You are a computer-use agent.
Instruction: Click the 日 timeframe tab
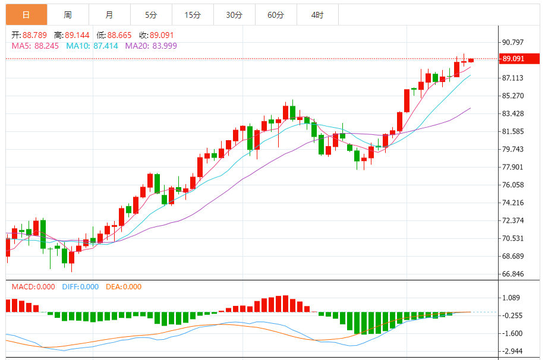[26, 15]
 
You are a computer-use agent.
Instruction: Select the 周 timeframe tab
[68, 15]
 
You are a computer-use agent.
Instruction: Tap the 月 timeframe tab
[109, 15]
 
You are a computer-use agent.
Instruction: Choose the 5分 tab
[151, 15]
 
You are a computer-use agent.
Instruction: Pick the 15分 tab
[193, 15]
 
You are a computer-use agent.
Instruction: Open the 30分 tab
[234, 15]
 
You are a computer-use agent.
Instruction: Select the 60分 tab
[276, 15]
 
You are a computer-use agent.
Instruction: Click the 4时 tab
[317, 15]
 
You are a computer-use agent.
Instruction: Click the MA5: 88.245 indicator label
[35, 46]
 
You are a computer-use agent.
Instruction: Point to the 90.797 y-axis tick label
[513, 42]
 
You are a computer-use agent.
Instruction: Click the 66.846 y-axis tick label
[513, 274]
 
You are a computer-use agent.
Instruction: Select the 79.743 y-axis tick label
[513, 149]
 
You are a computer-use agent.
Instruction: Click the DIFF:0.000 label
[80, 287]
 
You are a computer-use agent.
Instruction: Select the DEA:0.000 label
[124, 287]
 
